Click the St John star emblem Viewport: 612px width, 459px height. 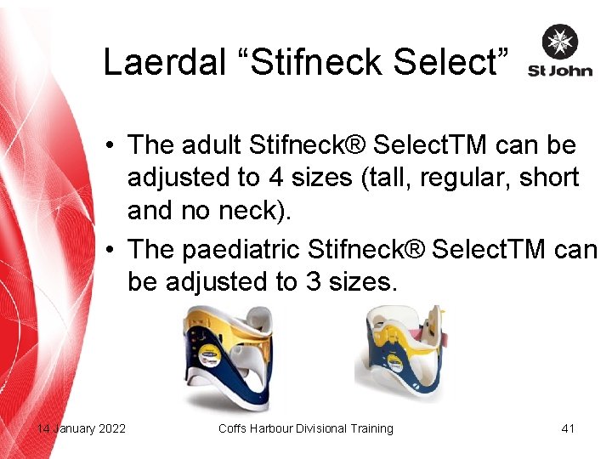[x=560, y=42]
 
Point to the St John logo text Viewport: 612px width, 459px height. [x=559, y=71]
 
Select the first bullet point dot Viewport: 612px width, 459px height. [x=111, y=146]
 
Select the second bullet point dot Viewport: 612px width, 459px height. [x=111, y=250]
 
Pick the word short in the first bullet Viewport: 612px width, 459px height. [x=549, y=178]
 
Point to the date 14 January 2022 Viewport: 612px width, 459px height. [x=82, y=428]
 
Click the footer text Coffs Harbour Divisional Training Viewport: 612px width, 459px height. [x=305, y=428]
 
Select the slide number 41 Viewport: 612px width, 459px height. [x=568, y=428]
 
